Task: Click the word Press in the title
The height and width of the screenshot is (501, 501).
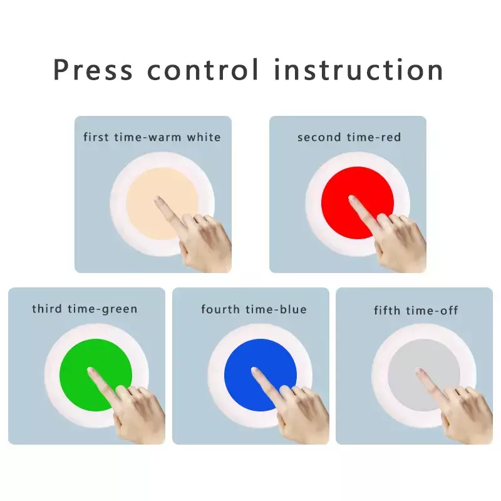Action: pos(93,70)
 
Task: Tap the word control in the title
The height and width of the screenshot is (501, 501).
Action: pos(202,70)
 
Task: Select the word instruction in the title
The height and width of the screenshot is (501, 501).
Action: pos(358,70)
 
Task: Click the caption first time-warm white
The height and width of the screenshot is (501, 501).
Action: pos(152,137)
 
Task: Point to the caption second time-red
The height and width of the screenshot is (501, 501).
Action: pos(349,137)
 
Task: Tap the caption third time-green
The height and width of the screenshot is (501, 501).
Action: pos(85,309)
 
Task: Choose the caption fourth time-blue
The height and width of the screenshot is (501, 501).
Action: pos(254,309)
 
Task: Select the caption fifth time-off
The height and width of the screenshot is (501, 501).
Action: pos(416,310)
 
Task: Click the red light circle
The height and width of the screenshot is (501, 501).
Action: pos(358,202)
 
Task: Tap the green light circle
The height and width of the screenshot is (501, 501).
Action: pos(96,374)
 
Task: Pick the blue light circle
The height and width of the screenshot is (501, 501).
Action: pos(261,374)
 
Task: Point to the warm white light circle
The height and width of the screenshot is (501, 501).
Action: pos(162,204)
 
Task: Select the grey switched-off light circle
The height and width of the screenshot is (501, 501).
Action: pos(424,374)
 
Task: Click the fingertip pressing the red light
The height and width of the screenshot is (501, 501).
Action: pos(352,199)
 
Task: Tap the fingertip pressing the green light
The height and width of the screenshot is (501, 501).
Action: pos(91,371)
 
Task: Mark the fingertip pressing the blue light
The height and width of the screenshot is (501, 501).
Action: pos(256,371)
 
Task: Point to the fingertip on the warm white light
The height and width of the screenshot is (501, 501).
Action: pos(158,200)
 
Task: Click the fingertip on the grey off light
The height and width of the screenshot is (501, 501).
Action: pos(420,371)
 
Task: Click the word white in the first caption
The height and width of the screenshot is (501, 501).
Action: pos(204,137)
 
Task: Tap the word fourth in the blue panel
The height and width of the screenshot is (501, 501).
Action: pos(220,309)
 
